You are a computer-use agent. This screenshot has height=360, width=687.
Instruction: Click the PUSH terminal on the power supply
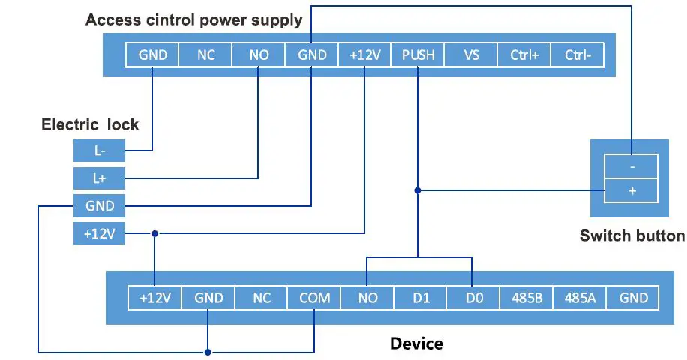tap(418, 55)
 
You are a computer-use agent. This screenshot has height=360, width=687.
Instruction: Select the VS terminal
tap(472, 55)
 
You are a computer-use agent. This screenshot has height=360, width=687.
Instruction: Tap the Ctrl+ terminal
tap(524, 55)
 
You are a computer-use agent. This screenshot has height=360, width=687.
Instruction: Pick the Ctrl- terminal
tap(577, 55)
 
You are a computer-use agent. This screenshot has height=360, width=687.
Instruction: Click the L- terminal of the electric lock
tap(99, 151)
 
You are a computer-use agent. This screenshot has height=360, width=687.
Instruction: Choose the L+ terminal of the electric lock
tap(99, 178)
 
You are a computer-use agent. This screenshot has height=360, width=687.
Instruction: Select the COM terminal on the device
tap(314, 298)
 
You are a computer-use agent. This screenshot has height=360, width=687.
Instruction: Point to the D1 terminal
tap(421, 298)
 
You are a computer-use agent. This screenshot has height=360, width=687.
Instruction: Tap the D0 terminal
tap(473, 298)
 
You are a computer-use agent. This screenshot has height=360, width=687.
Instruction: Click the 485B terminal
tap(526, 298)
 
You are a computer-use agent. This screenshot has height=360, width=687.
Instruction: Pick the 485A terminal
tap(580, 298)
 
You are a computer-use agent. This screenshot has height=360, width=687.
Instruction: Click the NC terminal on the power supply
tap(206, 55)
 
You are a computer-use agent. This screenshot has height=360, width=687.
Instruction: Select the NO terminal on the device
tap(367, 298)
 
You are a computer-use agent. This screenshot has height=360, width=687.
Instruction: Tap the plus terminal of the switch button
tap(631, 191)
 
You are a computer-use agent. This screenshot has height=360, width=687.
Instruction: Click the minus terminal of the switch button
tap(631, 165)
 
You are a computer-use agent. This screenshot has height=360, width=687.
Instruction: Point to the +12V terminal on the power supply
tap(364, 55)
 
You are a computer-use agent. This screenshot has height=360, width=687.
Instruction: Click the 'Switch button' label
tap(631, 235)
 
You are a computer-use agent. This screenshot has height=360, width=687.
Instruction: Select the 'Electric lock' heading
tap(90, 125)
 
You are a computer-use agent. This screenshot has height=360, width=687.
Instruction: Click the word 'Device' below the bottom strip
tap(416, 343)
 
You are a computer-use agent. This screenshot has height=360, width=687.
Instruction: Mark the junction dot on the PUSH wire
tap(418, 190)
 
